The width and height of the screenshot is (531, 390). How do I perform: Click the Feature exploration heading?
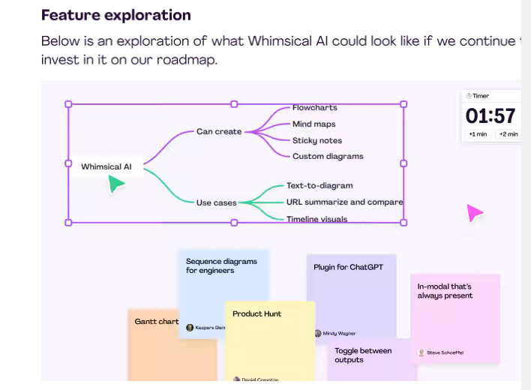pos(115,15)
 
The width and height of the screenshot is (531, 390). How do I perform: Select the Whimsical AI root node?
pos(106,166)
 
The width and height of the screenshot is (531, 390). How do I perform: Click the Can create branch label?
pos(219,131)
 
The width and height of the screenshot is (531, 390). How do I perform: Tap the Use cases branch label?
pos(216,202)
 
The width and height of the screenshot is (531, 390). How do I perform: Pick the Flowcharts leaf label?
pos(314,108)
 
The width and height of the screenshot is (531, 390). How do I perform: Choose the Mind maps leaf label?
pos(313,124)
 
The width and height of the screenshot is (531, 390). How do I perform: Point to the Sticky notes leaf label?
pos(316,140)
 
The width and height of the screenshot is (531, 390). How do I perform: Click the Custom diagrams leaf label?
pos(328,156)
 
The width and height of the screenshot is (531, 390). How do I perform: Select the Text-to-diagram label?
pos(319,185)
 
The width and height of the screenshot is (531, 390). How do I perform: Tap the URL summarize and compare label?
pos(344,202)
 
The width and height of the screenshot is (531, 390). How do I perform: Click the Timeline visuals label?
pos(316,219)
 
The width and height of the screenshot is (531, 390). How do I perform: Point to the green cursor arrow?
pos(115,184)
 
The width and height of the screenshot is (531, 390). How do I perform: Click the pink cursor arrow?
pos(475,213)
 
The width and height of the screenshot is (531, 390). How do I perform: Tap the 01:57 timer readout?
pos(490,116)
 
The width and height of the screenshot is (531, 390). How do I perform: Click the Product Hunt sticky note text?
pos(256,313)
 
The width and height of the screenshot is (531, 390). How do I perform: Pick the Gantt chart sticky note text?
pos(156,321)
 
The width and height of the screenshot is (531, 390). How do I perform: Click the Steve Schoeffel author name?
pos(445,352)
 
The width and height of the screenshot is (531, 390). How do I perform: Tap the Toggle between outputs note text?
pos(363,355)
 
